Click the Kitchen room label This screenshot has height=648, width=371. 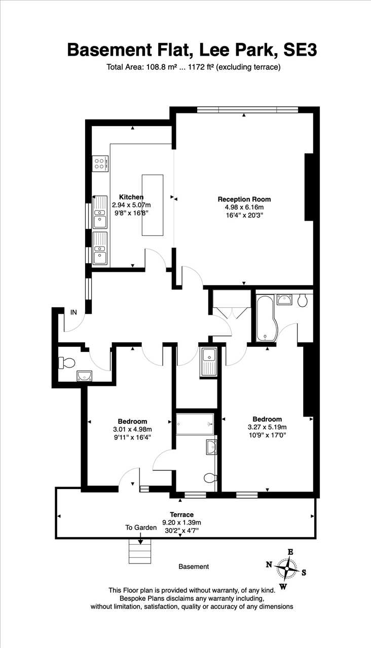tap(131, 197)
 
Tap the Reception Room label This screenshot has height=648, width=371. tap(244, 199)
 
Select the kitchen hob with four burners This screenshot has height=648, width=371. tap(100, 164)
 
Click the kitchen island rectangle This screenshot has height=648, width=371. tap(153, 205)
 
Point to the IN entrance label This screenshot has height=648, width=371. tap(74, 312)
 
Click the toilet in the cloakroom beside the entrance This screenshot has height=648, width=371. tap(66, 363)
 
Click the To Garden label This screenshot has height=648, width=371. tap(141, 528)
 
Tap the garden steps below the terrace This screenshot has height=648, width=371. tap(140, 551)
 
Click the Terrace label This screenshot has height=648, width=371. tap(181, 515)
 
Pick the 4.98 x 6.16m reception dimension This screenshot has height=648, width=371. tap(244, 207)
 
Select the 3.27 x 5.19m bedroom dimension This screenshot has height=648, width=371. tap(267, 427)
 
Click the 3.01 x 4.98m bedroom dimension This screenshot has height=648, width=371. tap(133, 429)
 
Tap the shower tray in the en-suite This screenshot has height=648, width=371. tap(195, 424)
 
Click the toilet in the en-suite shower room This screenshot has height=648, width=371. tap(210, 478)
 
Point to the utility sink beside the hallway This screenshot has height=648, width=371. tap(208, 362)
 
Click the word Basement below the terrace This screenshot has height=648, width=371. tap(194, 566)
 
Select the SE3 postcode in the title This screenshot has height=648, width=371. tap(300, 50)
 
